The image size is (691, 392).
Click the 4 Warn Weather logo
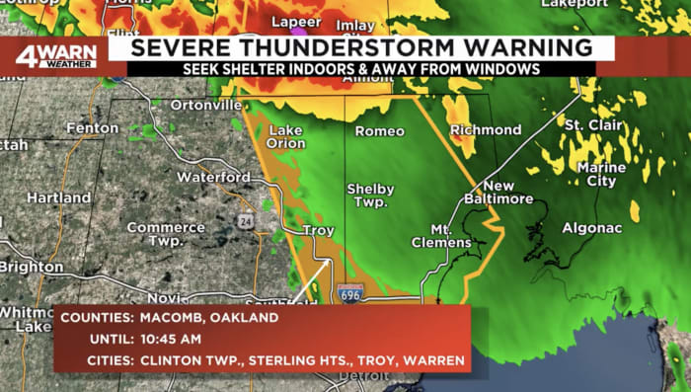coord(55,56)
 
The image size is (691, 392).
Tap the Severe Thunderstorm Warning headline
coord(362,46)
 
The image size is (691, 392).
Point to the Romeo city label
coord(380,131)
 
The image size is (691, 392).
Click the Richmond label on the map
coord(486,130)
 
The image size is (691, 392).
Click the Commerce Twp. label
coord(165,233)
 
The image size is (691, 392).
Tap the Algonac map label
coord(592,227)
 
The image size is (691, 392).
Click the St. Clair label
coord(594,125)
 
